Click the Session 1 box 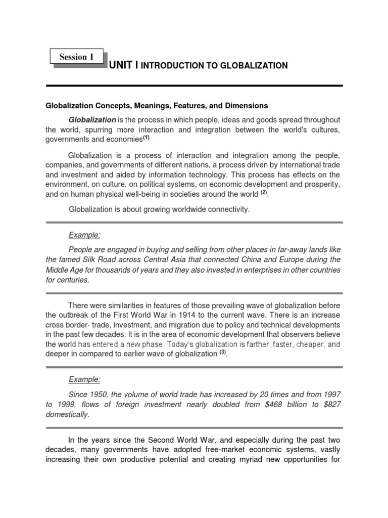(77, 57)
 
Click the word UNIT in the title (122, 65)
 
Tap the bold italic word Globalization (92, 120)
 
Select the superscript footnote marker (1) (147, 137)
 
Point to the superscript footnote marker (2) (263, 193)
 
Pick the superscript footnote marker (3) (222, 352)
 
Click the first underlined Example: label (84, 235)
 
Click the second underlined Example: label (84, 379)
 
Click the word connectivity (225, 209)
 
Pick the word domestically (67, 414)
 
